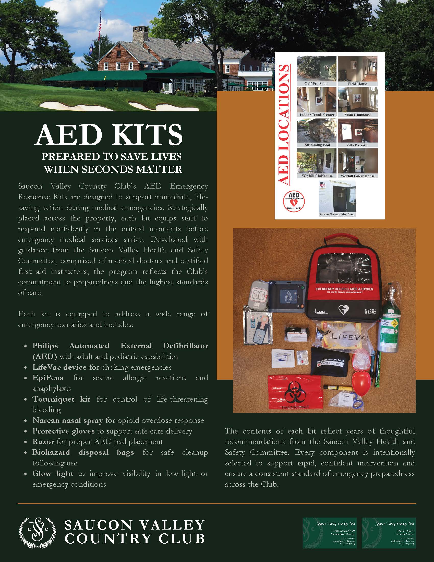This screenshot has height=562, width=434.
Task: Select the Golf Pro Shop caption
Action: click(x=316, y=84)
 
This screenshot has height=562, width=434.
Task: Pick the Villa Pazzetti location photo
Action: click(x=358, y=131)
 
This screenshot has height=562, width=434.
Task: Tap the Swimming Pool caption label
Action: click(x=317, y=145)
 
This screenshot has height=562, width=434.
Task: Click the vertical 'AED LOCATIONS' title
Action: click(x=284, y=125)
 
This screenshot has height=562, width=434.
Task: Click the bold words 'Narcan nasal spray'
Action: click(x=68, y=420)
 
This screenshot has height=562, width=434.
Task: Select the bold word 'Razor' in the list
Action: click(x=43, y=442)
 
